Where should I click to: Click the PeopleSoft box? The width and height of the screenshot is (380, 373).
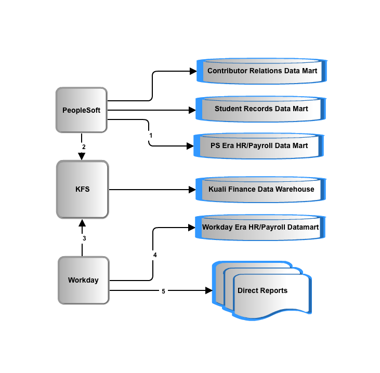click(82, 110)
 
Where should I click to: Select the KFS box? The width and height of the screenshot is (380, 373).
click(83, 190)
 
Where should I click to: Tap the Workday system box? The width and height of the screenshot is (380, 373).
click(84, 280)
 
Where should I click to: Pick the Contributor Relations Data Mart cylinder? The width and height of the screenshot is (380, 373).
click(261, 71)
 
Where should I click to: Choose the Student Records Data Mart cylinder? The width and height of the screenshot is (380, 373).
click(261, 109)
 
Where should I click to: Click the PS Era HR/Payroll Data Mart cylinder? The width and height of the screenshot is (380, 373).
click(259, 146)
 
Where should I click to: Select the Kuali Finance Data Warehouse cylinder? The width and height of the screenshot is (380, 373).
click(261, 190)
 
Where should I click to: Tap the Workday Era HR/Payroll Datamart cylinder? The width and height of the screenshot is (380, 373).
click(260, 228)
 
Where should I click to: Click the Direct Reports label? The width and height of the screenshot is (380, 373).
click(263, 290)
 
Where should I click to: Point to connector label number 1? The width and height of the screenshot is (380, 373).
click(151, 136)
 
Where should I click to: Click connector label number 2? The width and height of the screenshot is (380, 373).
click(84, 147)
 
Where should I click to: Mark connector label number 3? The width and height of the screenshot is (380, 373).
click(84, 238)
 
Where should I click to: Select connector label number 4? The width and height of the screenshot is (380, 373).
click(155, 255)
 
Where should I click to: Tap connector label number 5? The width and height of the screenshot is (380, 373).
click(163, 291)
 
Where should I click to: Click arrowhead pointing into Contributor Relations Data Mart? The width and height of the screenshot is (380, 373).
click(193, 71)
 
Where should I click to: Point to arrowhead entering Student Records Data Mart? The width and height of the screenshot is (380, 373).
click(192, 110)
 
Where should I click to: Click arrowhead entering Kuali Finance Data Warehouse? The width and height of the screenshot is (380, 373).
click(192, 190)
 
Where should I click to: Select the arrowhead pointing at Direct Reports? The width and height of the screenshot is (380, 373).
click(208, 290)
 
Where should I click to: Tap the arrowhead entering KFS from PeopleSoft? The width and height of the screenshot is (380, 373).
click(82, 156)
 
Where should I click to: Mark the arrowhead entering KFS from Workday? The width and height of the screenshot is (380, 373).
click(82, 223)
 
